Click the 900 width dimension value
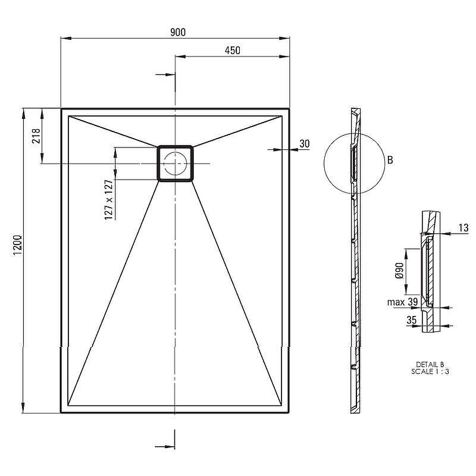click(177, 32)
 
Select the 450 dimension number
click(233, 51)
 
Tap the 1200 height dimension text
click(18, 245)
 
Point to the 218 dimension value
click(36, 136)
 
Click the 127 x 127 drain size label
click(108, 199)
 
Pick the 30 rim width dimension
click(305, 143)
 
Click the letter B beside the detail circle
click(390, 159)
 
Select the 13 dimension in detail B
click(464, 228)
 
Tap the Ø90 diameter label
click(399, 271)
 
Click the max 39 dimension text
click(403, 302)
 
